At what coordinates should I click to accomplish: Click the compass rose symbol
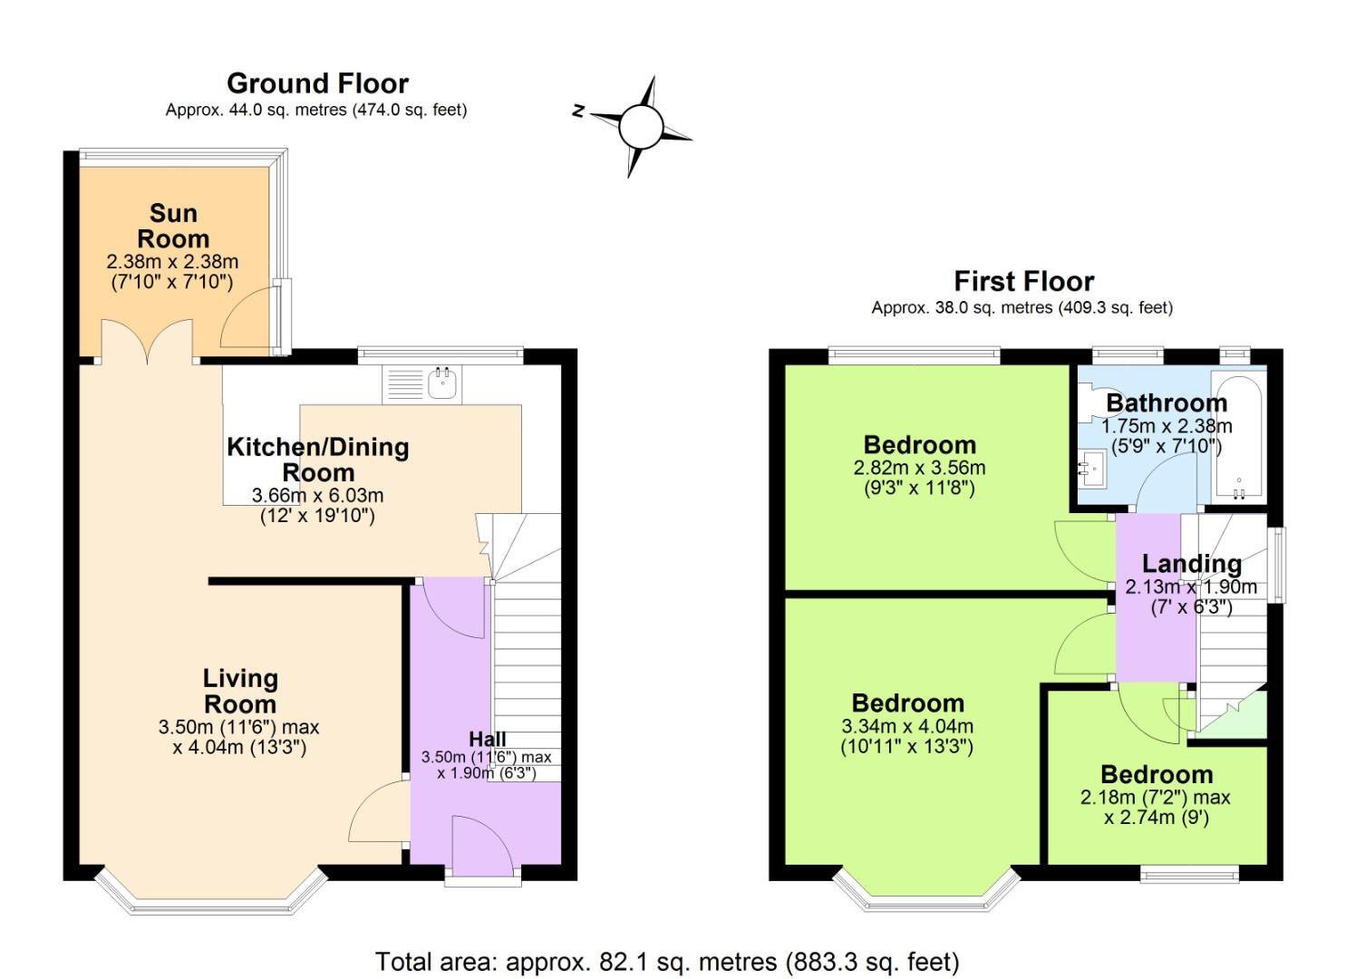click(641, 126)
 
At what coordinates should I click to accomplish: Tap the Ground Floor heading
click(317, 83)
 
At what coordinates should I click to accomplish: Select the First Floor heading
click(1023, 281)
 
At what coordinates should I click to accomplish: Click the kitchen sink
click(441, 385)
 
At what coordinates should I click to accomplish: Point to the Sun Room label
click(172, 226)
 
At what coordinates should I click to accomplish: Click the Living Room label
click(240, 691)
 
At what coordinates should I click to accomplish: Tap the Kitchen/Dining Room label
click(317, 459)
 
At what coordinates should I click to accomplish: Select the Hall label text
click(487, 739)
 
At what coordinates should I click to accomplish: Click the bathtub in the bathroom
click(1238, 435)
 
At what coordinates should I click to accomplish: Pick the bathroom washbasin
click(1090, 470)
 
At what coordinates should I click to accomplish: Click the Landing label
click(1191, 564)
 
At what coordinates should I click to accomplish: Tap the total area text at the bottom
click(666, 961)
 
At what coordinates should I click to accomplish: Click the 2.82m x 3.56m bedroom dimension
click(919, 469)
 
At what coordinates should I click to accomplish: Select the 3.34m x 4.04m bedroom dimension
click(907, 726)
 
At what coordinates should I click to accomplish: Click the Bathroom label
click(1166, 402)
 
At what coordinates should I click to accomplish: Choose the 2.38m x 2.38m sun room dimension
click(172, 262)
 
